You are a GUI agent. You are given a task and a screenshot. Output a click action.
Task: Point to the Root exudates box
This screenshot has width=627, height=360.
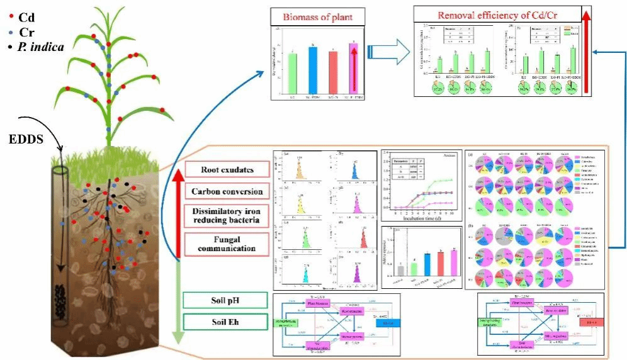pyautogui.click(x=224, y=170)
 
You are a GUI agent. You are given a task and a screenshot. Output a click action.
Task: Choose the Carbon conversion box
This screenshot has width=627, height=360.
pyautogui.click(x=224, y=191)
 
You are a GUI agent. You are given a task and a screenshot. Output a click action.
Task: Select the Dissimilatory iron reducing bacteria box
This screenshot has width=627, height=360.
pyautogui.click(x=224, y=217)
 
